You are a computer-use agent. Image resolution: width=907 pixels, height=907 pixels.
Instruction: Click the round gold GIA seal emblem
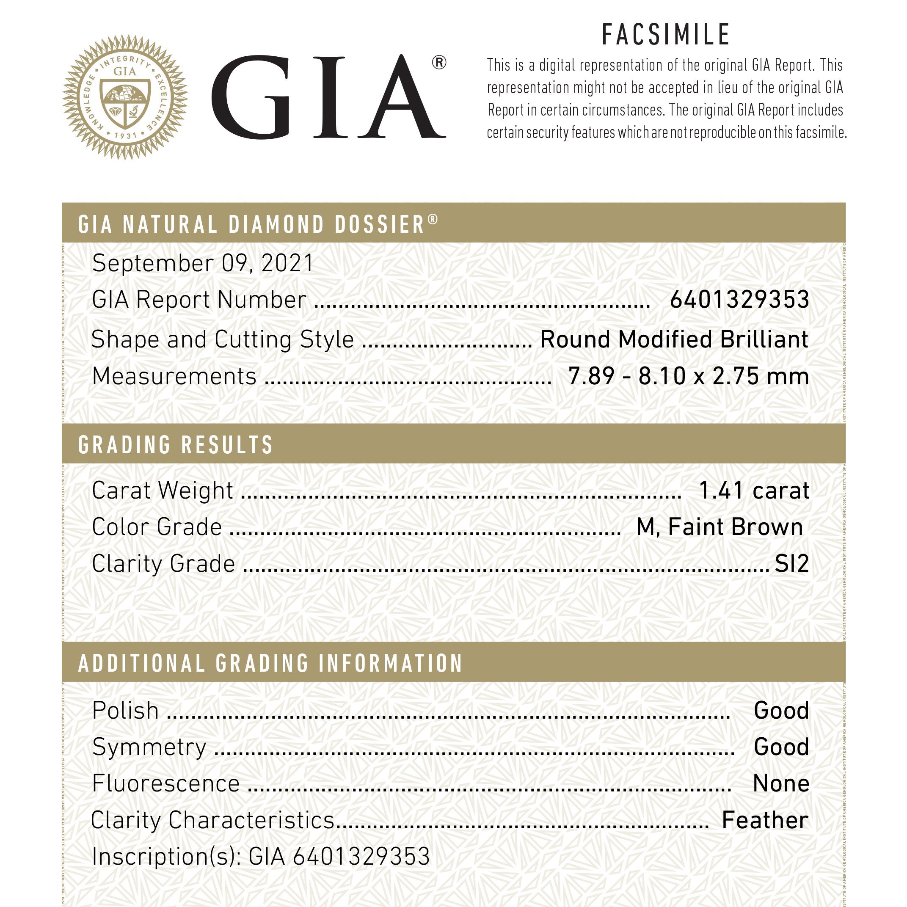click(x=125, y=97)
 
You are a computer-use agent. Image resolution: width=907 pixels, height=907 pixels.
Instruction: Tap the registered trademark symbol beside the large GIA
click(x=438, y=63)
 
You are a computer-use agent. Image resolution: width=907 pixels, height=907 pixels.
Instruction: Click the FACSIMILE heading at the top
click(x=665, y=35)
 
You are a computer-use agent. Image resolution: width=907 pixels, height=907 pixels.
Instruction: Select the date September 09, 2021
click(x=202, y=263)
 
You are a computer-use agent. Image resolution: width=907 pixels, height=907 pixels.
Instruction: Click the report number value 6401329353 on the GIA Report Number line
click(x=739, y=300)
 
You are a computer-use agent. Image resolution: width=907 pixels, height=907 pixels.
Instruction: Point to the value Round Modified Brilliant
click(x=674, y=339)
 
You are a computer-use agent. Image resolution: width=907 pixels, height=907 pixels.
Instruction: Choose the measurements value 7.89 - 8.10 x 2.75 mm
click(x=688, y=376)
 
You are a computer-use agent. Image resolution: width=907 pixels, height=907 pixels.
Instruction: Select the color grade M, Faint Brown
click(x=719, y=527)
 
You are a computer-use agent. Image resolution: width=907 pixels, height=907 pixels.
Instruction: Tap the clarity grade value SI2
click(x=791, y=563)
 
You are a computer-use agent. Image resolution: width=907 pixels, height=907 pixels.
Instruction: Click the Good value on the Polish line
click(x=781, y=710)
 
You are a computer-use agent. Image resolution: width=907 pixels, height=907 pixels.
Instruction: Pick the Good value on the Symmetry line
click(x=781, y=747)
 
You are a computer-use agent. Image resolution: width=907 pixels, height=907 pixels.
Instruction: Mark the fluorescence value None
click(x=781, y=783)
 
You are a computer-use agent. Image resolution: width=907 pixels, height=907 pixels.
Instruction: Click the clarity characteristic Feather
click(x=765, y=820)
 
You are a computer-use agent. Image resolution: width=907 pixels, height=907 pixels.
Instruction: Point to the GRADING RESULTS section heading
click(x=176, y=444)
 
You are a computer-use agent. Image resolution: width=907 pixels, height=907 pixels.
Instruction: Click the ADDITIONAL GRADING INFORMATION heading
click(x=270, y=663)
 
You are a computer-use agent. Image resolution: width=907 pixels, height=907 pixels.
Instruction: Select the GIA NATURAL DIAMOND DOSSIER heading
click(x=258, y=224)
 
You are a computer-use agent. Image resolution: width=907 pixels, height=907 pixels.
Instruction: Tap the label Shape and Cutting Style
click(x=223, y=339)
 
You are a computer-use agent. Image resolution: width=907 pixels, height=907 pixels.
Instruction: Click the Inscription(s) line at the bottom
click(x=261, y=856)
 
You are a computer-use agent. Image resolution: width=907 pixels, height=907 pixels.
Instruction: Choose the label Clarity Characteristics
click(x=212, y=820)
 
